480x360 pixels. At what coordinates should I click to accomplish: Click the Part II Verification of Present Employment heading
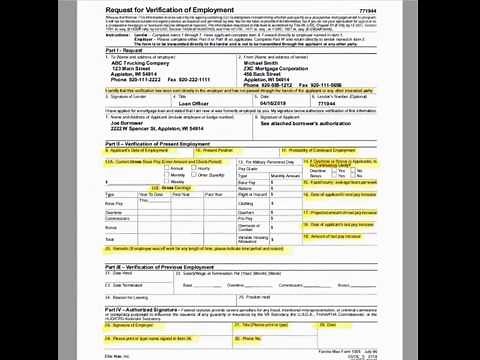point(170,172)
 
